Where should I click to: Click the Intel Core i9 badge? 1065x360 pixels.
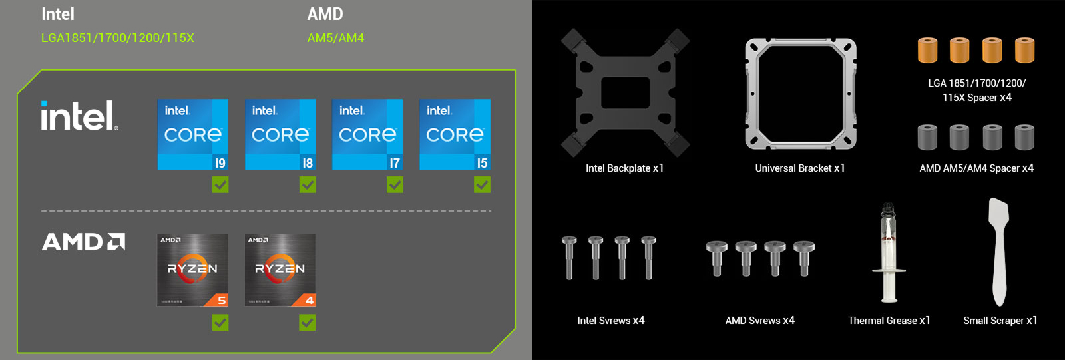pos(193,134)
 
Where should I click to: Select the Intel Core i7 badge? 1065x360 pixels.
pos(367,134)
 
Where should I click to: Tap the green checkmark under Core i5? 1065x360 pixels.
pos(482,184)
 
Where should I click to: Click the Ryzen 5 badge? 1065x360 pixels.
pos(193,270)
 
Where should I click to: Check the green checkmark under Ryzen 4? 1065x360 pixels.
pos(308,323)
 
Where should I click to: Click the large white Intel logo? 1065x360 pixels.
pos(79,116)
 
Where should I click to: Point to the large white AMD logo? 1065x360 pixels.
pos(83,242)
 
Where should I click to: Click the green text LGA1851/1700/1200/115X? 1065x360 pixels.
pos(118,38)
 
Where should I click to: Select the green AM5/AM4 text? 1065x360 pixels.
pos(335,38)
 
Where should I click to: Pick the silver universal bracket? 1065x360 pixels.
pos(801,93)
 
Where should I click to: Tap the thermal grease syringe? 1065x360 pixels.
pos(889,253)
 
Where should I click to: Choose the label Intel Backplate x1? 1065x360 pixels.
pos(624,168)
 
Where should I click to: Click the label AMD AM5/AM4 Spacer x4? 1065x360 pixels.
pos(976,168)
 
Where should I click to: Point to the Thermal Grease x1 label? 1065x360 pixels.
pos(889,321)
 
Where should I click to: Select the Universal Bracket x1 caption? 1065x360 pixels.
pos(800,168)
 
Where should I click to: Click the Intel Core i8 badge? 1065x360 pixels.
pos(280,134)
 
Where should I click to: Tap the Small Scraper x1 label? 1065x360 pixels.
pos(1000,321)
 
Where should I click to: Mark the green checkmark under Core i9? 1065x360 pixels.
pos(220,184)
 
